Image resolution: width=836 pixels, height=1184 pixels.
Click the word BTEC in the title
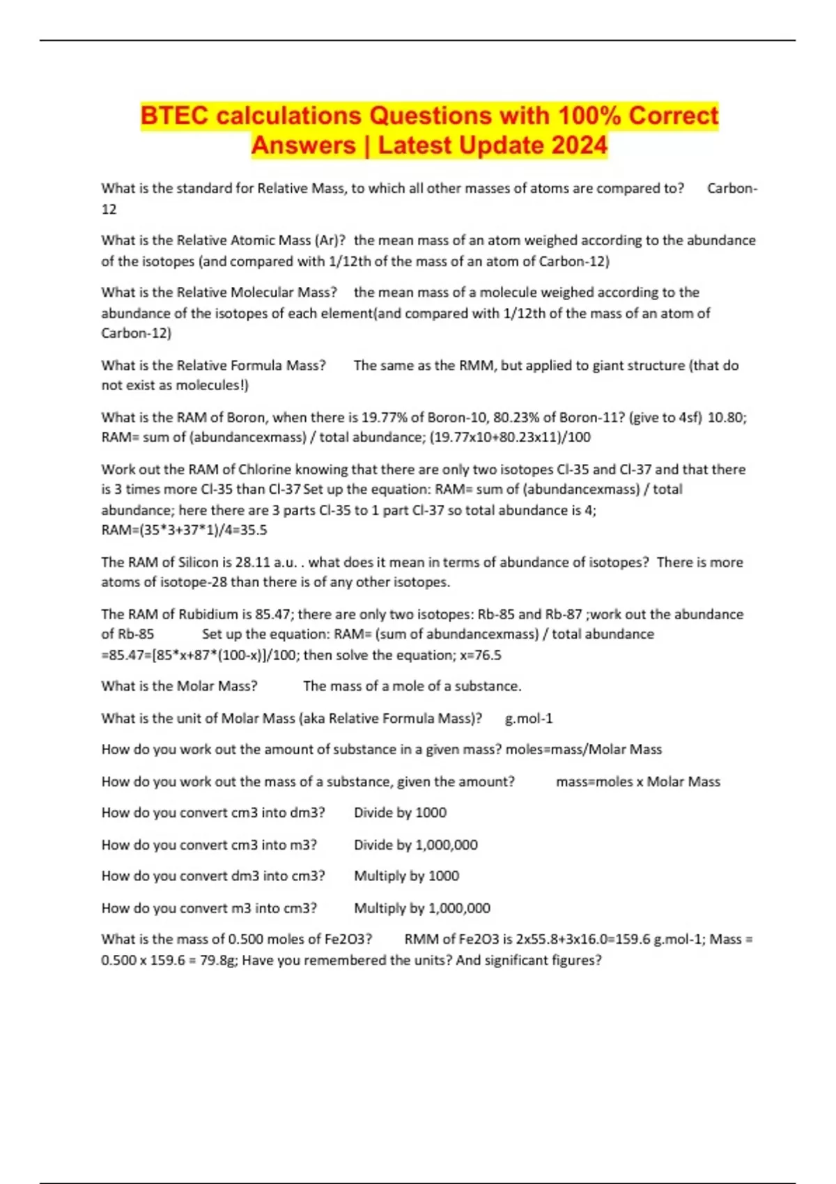(x=174, y=116)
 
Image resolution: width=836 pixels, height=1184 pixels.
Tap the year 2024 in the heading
(x=579, y=146)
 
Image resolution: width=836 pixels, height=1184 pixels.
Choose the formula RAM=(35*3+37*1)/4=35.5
(x=184, y=530)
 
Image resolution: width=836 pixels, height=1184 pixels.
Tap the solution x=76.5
(x=481, y=655)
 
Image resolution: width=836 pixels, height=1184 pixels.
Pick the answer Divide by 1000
(x=400, y=813)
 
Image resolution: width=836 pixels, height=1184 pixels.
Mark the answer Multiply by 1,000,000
(x=422, y=908)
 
